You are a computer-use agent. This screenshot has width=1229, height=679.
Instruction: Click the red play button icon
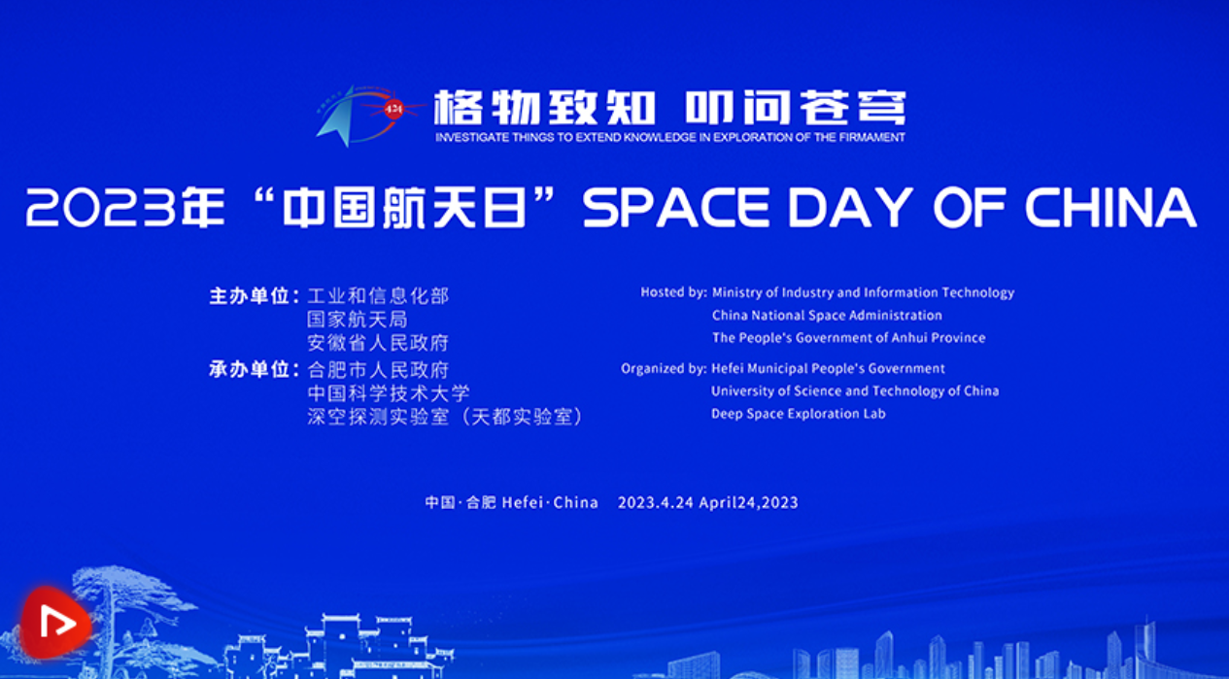(x=55, y=623)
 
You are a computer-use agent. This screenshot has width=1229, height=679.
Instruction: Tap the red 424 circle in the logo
(x=393, y=109)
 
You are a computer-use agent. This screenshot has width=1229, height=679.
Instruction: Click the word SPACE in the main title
(x=676, y=208)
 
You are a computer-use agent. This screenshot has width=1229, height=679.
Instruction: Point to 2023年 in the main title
(x=125, y=207)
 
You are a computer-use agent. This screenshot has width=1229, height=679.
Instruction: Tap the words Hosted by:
(x=673, y=292)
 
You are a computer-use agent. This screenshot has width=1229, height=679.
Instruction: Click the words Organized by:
(x=664, y=368)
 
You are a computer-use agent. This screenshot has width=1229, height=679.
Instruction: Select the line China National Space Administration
(x=827, y=316)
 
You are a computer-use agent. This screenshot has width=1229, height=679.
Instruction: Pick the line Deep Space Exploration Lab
(x=799, y=414)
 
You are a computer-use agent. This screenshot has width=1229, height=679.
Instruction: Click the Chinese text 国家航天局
(x=358, y=320)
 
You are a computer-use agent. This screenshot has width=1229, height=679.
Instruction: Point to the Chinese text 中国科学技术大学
(x=389, y=392)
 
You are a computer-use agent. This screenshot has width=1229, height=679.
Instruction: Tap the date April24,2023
(x=748, y=503)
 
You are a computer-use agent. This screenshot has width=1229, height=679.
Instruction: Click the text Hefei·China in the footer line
(x=550, y=502)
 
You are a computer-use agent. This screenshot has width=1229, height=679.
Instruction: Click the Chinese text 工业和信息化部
(x=378, y=296)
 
